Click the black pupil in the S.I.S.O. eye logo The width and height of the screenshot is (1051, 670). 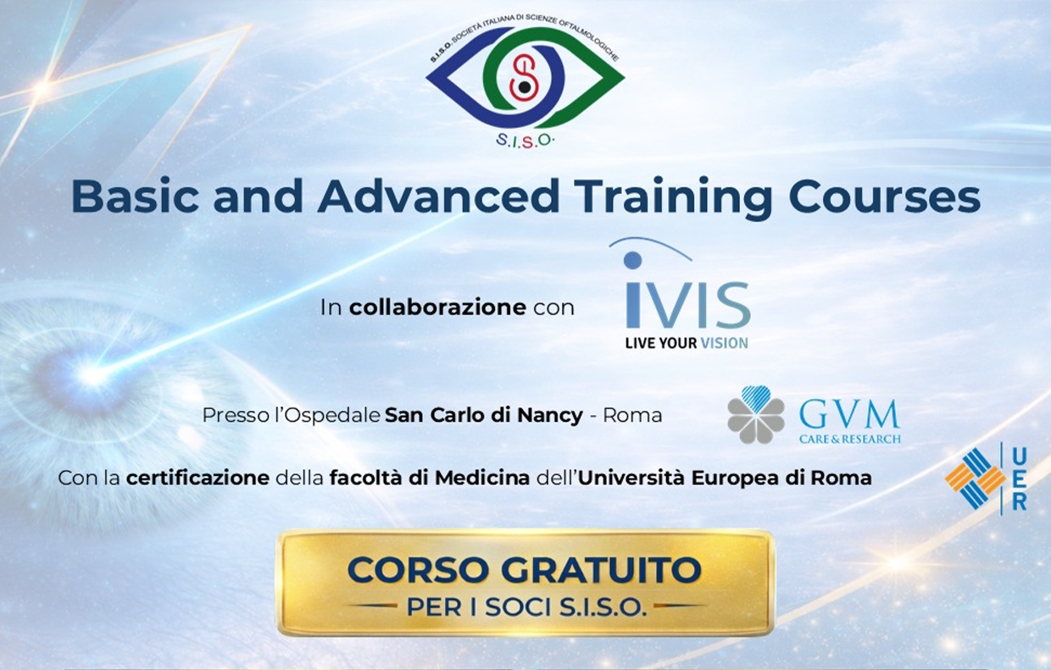(x=525, y=87)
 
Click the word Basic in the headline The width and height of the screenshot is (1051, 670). (x=135, y=197)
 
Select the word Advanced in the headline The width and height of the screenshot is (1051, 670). (x=439, y=197)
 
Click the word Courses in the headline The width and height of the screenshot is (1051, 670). (x=884, y=197)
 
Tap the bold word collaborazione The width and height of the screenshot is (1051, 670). (x=437, y=307)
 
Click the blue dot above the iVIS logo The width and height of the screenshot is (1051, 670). (x=633, y=260)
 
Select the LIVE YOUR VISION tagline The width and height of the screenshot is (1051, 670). (x=687, y=343)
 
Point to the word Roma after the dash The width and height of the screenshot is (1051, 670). (x=632, y=415)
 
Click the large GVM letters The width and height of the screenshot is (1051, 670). (x=849, y=415)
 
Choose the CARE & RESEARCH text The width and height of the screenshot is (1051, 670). (x=850, y=440)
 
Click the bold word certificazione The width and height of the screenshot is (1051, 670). (x=198, y=479)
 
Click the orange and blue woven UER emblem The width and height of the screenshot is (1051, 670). (x=974, y=479)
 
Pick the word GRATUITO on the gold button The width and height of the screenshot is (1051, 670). (x=601, y=570)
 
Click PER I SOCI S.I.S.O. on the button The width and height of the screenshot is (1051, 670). (x=526, y=607)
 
